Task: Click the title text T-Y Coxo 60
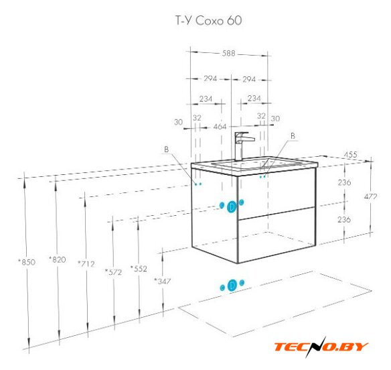coord(208,21)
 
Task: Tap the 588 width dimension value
coord(229,53)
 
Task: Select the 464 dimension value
coord(220,127)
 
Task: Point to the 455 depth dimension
coord(350,155)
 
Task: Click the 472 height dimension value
coord(370,196)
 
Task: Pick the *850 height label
coord(27,262)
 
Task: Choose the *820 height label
coord(58,259)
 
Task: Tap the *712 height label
coord(86,263)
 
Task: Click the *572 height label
coord(113,272)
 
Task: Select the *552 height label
coord(139,268)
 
